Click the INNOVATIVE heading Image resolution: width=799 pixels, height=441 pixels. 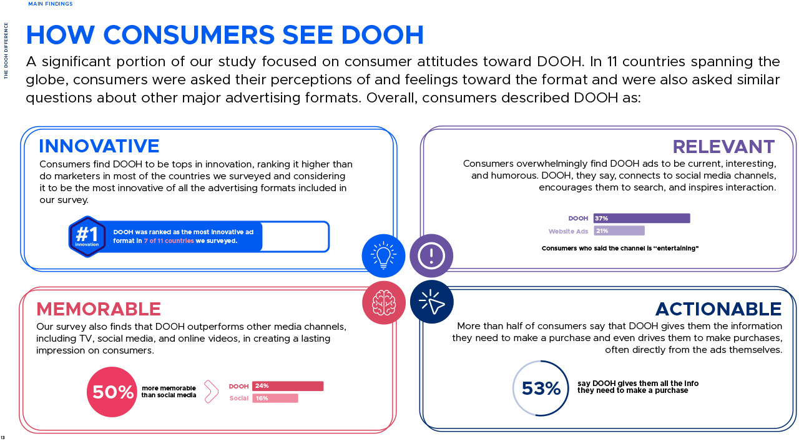(99, 146)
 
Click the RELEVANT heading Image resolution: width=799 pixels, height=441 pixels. (723, 147)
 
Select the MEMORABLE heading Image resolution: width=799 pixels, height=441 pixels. (99, 309)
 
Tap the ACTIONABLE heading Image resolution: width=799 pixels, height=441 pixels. (718, 309)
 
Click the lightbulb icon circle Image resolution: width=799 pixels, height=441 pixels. (384, 255)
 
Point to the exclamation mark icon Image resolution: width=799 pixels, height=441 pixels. (431, 255)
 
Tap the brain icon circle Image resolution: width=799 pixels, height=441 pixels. (384, 303)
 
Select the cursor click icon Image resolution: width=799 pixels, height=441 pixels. (431, 302)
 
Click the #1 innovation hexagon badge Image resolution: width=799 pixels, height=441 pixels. (87, 237)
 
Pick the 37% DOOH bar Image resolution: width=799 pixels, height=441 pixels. (642, 219)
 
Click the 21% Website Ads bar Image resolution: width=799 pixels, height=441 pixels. (619, 231)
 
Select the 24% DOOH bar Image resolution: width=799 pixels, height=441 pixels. (288, 386)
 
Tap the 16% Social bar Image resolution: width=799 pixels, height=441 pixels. (275, 399)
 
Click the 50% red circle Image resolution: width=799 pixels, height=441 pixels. (112, 392)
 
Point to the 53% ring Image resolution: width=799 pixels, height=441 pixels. (541, 389)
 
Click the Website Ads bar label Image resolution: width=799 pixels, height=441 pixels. (568, 232)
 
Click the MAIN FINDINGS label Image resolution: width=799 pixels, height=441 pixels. (51, 4)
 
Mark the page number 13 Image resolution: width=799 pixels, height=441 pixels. (2, 437)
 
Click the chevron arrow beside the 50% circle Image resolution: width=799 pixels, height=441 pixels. (211, 392)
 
